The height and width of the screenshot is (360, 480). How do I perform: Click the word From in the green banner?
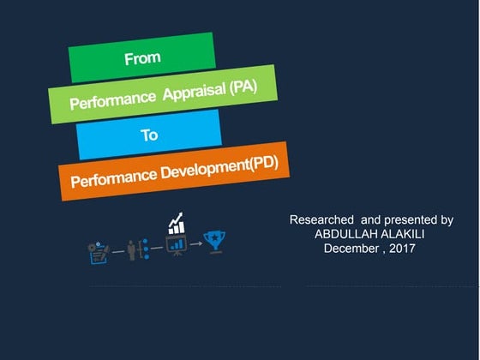(142, 59)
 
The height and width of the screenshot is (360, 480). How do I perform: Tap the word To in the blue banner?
(150, 135)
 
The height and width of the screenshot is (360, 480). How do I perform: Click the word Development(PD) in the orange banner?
(225, 166)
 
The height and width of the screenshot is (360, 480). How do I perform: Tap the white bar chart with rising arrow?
(177, 225)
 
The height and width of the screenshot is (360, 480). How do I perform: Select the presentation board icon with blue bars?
(177, 245)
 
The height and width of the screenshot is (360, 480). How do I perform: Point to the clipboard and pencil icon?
(99, 252)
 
